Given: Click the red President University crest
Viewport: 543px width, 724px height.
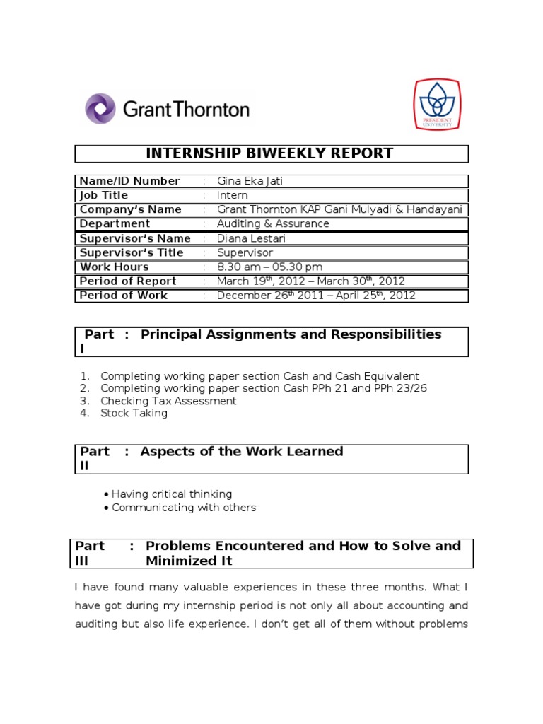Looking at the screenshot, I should pos(436,105).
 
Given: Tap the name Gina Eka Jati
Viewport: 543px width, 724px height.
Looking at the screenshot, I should pos(250,181).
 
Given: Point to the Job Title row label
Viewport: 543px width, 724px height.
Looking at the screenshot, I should pos(104,195).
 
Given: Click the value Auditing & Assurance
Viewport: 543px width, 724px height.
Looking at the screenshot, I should pos(273,223).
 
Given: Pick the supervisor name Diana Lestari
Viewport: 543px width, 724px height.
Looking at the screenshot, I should pos(251,238).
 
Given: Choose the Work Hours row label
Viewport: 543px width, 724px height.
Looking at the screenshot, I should pos(115,267).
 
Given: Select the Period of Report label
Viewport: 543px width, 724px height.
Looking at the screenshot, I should pos(128,281).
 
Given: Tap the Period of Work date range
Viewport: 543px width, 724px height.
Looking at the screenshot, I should pos(316,296).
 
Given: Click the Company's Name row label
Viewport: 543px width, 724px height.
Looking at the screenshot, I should pos(131,209).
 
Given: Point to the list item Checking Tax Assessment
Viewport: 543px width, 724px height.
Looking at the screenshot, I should pos(168,401).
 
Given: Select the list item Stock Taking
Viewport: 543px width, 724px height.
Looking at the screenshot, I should pos(134,413).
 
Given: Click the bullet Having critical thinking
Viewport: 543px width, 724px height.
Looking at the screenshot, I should pos(172,494).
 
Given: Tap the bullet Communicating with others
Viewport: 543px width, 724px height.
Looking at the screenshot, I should pos(184,507).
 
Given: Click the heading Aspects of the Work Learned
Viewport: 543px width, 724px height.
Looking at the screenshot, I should pos(242,451).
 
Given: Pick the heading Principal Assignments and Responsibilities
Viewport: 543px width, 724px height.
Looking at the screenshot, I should pos(291,334).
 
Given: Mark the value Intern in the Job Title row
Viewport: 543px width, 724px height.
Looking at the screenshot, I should pos(233,195).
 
